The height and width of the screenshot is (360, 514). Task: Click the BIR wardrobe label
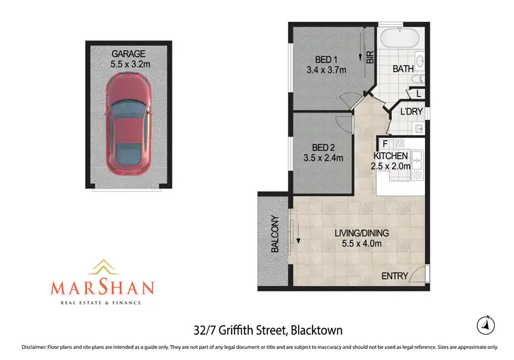click(x=370, y=58)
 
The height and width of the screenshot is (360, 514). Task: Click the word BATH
click(x=404, y=69)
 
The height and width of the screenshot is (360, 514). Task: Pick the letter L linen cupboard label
click(x=419, y=94)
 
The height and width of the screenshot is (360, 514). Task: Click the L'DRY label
click(x=413, y=112)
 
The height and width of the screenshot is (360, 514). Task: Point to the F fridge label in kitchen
click(x=386, y=144)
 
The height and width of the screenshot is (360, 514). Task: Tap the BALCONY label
click(x=275, y=235)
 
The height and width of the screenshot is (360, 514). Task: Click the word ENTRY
click(x=395, y=276)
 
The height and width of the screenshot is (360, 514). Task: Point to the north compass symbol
click(x=485, y=324)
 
